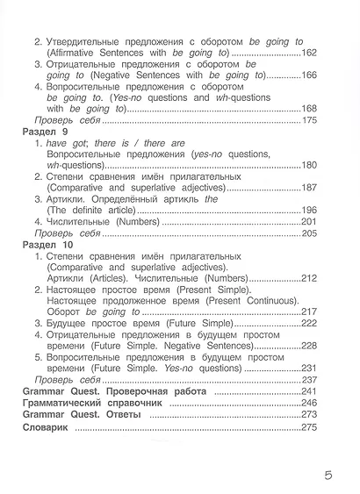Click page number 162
(305, 54)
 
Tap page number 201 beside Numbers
(305, 222)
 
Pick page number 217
(305, 311)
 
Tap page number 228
(305, 347)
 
